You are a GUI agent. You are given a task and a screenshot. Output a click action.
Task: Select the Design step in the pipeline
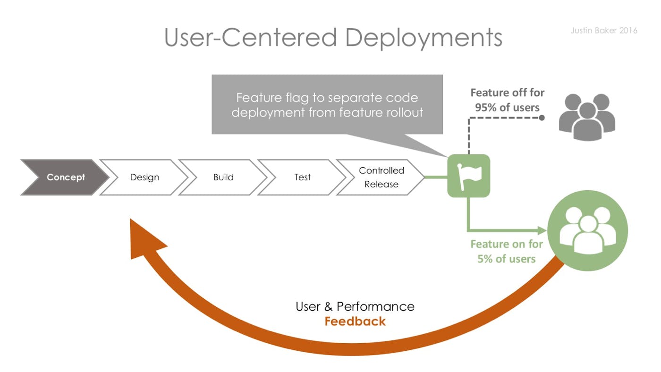[x=144, y=178]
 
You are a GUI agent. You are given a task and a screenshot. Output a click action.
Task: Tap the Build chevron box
[x=223, y=178]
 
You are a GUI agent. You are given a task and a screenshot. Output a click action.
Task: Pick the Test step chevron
[x=302, y=178]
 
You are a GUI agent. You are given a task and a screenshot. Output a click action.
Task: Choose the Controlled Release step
[x=381, y=178]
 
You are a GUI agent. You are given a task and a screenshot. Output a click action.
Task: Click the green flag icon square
[x=468, y=176]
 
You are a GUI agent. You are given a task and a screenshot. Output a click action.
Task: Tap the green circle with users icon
[x=587, y=231]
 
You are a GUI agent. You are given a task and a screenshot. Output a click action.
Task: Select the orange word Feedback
[x=355, y=321]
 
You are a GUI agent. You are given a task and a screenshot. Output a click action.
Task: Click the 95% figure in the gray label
[x=487, y=108]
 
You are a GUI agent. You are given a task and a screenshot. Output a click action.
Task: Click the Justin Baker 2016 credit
[x=603, y=31]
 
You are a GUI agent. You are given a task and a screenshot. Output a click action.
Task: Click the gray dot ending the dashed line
[x=542, y=118]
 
